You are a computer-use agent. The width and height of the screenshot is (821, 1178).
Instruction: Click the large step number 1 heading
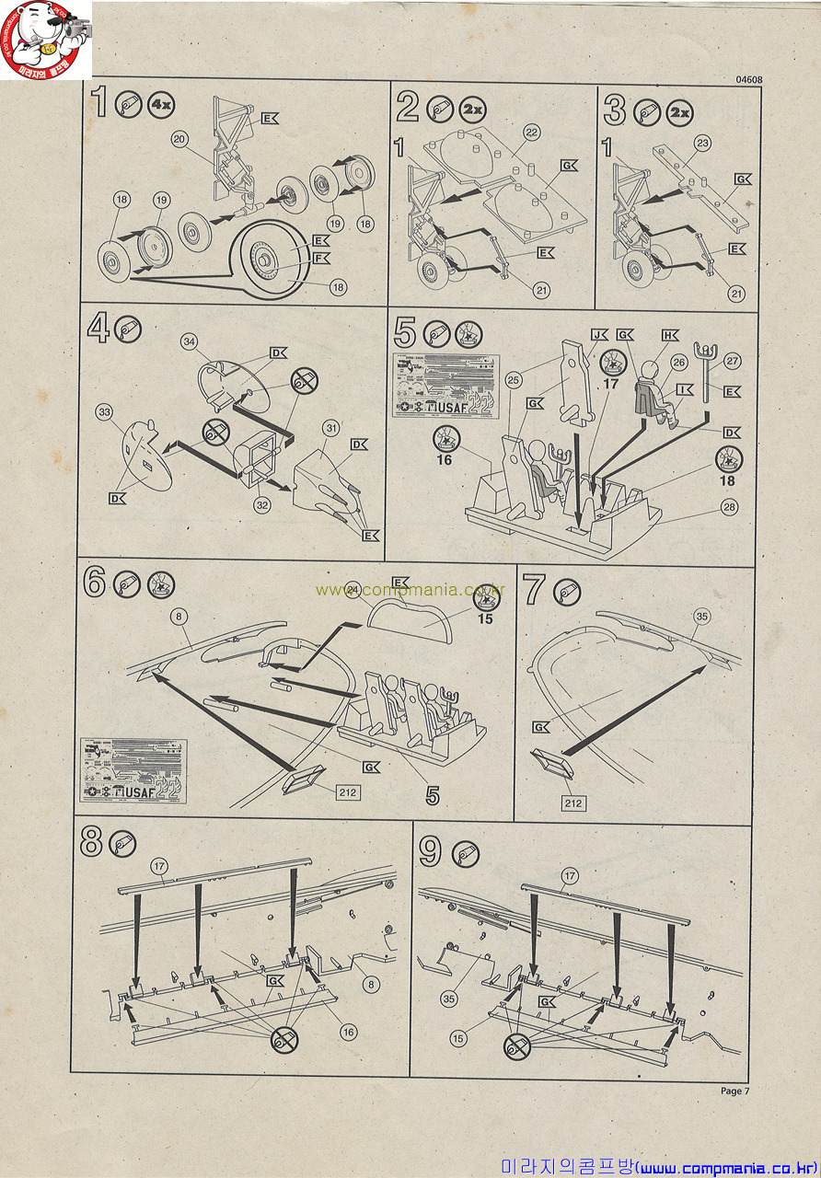tap(99, 103)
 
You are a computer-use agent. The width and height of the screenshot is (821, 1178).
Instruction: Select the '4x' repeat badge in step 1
tap(161, 105)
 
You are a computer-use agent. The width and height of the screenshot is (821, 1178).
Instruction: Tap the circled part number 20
tap(179, 139)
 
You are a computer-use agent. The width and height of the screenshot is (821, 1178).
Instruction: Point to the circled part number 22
tap(531, 133)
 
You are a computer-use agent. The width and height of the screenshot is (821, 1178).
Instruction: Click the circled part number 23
tap(703, 143)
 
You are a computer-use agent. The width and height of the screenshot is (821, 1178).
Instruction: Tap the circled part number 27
tap(732, 362)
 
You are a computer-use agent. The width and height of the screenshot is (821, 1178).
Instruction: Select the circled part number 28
tap(730, 508)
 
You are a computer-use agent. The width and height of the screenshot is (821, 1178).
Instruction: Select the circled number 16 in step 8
tap(348, 1033)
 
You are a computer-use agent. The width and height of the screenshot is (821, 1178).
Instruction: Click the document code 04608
tap(748, 79)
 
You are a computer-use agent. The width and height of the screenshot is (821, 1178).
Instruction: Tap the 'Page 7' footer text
tap(735, 1091)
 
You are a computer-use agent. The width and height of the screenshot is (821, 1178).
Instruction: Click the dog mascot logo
tap(46, 39)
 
